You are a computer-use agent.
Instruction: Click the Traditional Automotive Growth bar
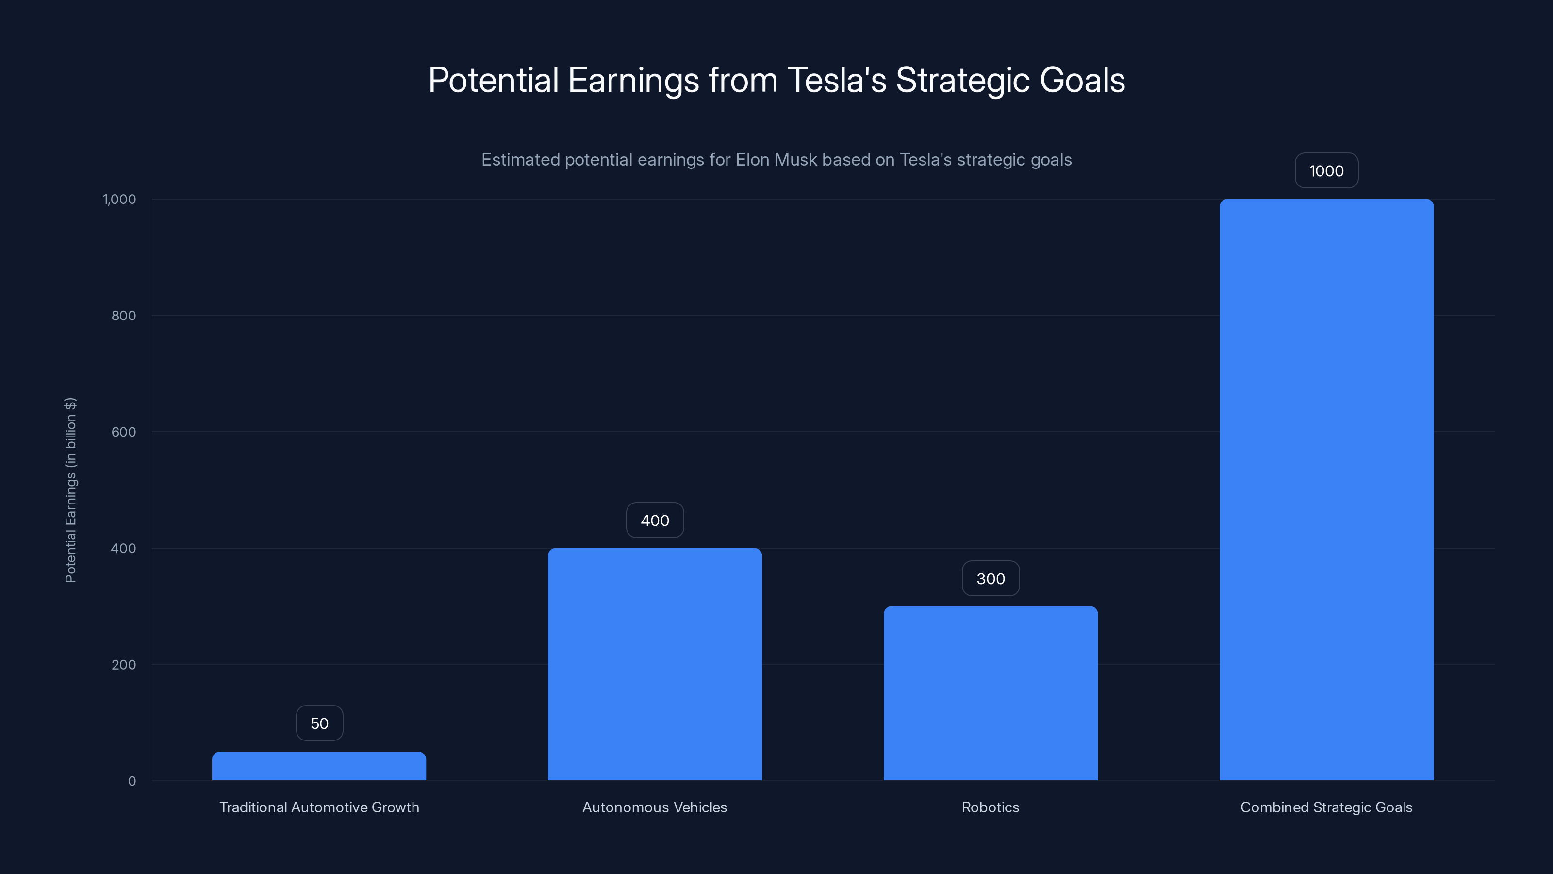319,766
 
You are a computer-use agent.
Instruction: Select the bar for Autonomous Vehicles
655,663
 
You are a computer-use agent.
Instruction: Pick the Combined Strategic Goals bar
1326,489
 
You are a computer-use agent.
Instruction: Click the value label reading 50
319,723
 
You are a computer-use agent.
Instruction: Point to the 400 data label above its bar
655,521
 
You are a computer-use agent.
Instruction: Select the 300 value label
991,578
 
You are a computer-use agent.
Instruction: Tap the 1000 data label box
1326,171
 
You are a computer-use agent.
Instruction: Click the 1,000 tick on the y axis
119,199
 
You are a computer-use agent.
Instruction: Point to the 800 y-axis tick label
124,316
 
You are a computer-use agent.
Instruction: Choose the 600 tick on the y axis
124,432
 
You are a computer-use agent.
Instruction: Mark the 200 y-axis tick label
124,665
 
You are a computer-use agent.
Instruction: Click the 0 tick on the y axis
132,781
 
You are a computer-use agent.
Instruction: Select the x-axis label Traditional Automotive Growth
319,807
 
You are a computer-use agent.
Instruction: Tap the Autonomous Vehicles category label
655,807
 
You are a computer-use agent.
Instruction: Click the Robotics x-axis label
991,807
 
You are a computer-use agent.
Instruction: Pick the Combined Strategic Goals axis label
1326,807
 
